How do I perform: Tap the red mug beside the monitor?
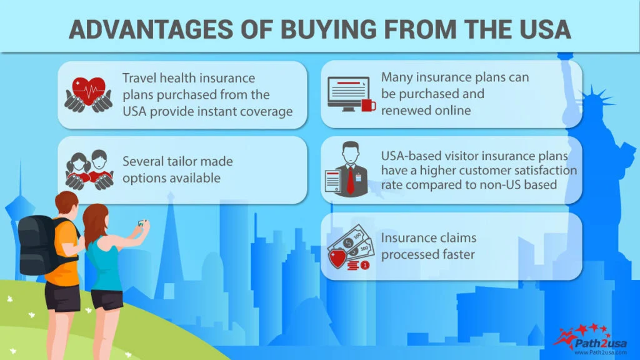(369, 105)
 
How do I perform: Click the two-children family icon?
(89, 169)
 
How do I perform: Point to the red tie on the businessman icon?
(351, 177)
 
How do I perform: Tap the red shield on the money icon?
(338, 259)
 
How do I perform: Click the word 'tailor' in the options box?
(181, 161)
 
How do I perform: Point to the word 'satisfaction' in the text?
(542, 169)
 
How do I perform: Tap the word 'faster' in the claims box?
(457, 254)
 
